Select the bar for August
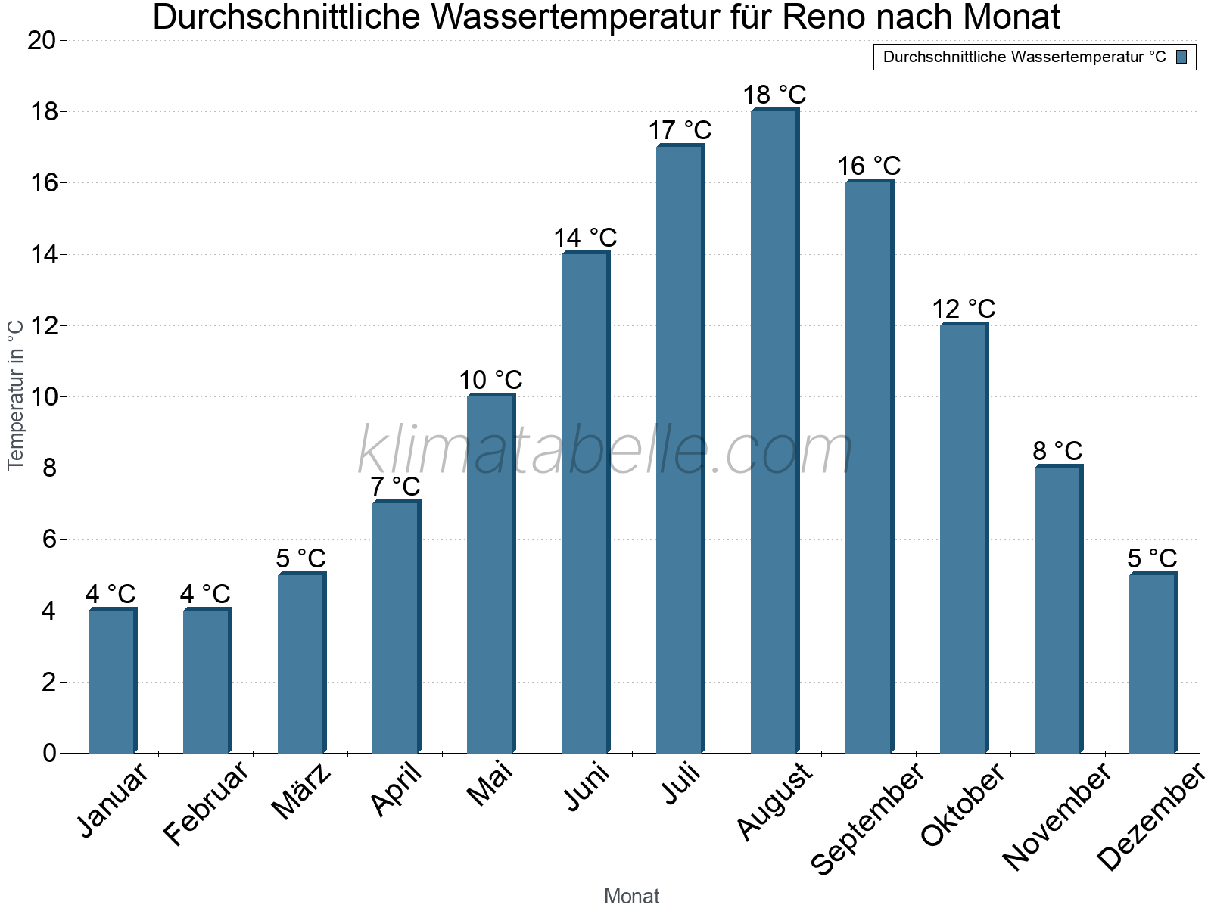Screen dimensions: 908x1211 [x=774, y=431]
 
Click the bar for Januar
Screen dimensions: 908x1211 [x=112, y=681]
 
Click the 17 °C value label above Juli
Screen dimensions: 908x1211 [x=680, y=130]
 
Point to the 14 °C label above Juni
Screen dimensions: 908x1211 [x=585, y=238]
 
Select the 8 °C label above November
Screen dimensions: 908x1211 [x=1057, y=451]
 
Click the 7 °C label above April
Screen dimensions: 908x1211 [x=395, y=487]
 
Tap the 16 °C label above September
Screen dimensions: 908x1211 [x=869, y=166]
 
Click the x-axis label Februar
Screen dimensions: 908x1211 [x=206, y=804]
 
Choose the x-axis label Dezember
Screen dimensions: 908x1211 [x=1150, y=817]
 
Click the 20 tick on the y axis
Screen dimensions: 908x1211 [x=42, y=41]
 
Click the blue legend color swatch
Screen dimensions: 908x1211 [x=1181, y=57]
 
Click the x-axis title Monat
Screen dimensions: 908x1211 [x=632, y=896]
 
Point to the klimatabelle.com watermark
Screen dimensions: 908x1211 [x=605, y=451]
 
